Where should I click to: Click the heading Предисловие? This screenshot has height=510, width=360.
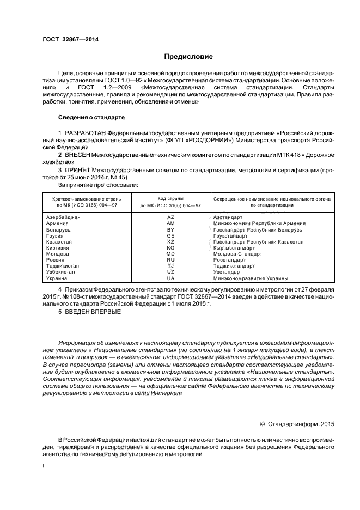click(188, 56)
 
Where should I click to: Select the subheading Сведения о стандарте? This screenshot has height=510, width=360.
click(91, 117)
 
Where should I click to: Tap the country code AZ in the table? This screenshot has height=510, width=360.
click(170, 217)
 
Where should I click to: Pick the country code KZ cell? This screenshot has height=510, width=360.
click(170, 241)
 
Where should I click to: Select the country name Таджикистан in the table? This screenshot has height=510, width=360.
click(63, 266)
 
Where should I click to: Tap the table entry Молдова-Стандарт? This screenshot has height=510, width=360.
click(238, 254)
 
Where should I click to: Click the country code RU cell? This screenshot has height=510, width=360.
click(170, 260)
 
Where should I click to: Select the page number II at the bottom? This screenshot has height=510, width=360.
click(44, 466)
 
